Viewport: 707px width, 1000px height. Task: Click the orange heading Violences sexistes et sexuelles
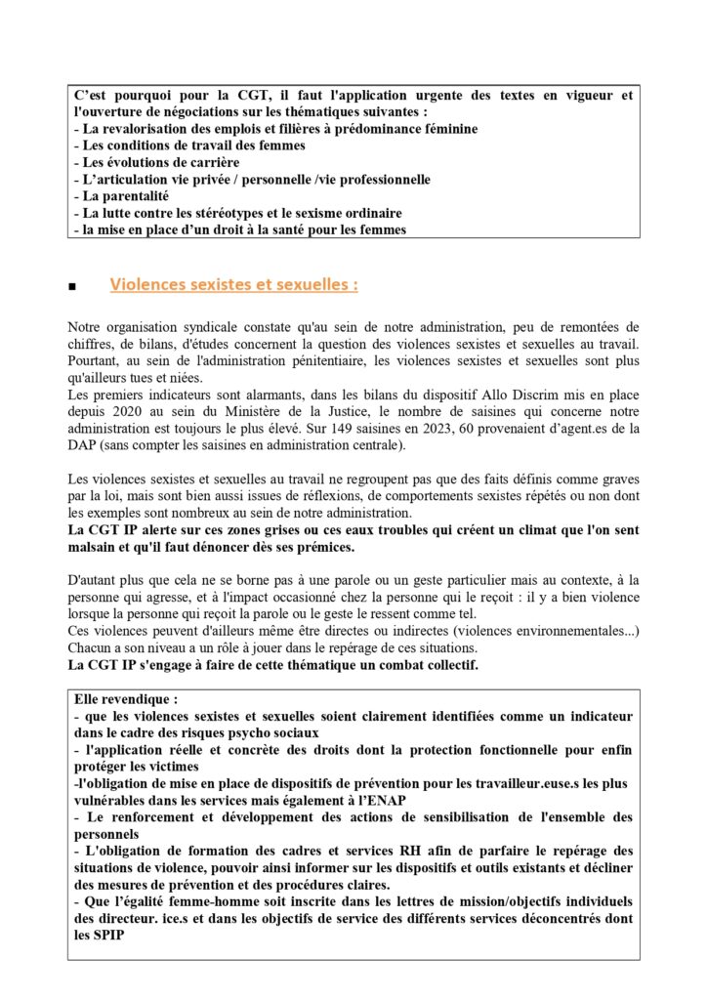click(233, 285)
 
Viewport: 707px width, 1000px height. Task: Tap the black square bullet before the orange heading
click(73, 288)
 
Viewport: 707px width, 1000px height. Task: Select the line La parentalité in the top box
click(126, 195)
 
